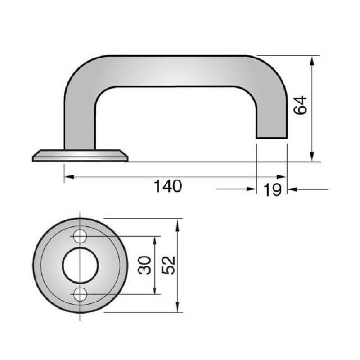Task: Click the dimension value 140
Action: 168,186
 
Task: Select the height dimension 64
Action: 300,105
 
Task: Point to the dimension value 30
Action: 144,265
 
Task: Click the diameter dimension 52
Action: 167,265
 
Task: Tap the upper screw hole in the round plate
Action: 81,236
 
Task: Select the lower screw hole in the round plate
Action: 81,294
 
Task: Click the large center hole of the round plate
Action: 81,265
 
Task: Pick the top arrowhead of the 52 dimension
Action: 179,223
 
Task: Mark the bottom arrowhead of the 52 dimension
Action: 179,308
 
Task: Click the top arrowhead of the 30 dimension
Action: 155,240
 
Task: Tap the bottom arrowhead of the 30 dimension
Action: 155,291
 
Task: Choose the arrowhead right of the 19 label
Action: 292,189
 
